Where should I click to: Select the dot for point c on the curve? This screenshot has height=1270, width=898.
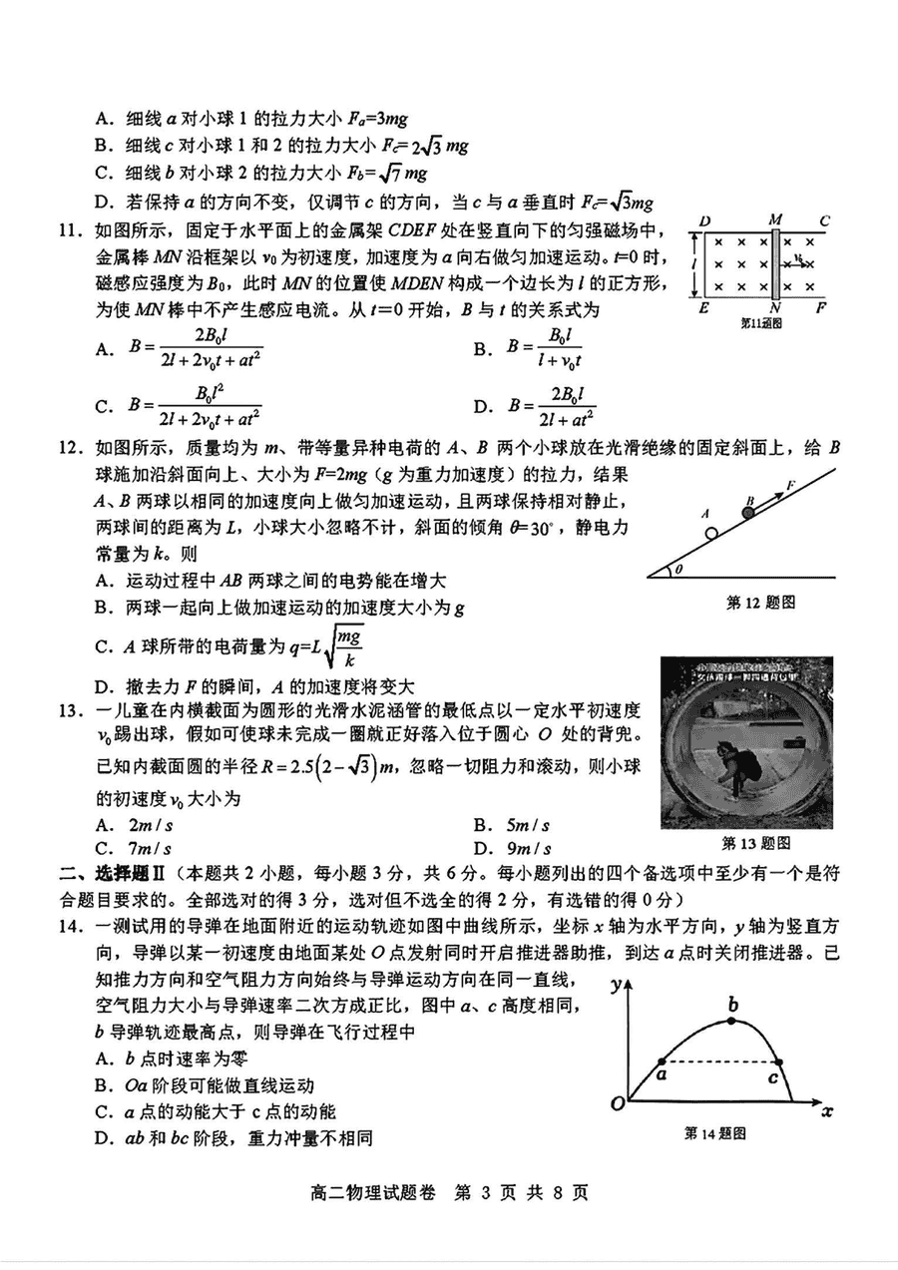[778, 1060]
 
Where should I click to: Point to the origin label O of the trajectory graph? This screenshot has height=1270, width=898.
[618, 1102]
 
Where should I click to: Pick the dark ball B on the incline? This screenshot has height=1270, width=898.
[748, 512]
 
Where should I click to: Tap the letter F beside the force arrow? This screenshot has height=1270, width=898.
[790, 484]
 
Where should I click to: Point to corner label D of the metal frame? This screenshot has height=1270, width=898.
[704, 220]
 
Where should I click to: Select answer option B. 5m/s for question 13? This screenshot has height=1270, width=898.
[513, 826]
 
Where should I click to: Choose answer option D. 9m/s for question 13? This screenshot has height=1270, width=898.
[513, 849]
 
